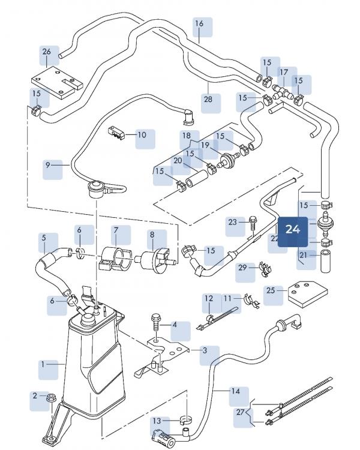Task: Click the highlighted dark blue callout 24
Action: pyautogui.click(x=293, y=229)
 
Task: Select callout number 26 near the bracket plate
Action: pyautogui.click(x=47, y=52)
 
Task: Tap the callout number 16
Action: pyautogui.click(x=200, y=23)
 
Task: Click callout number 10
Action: pyautogui.click(x=142, y=135)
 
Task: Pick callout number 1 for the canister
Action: pyautogui.click(x=43, y=364)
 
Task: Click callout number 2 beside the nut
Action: pyautogui.click(x=35, y=395)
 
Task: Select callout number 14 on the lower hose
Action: pyautogui.click(x=236, y=391)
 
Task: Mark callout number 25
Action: pyautogui.click(x=271, y=290)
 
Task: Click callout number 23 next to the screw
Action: pyautogui.click(x=233, y=222)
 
